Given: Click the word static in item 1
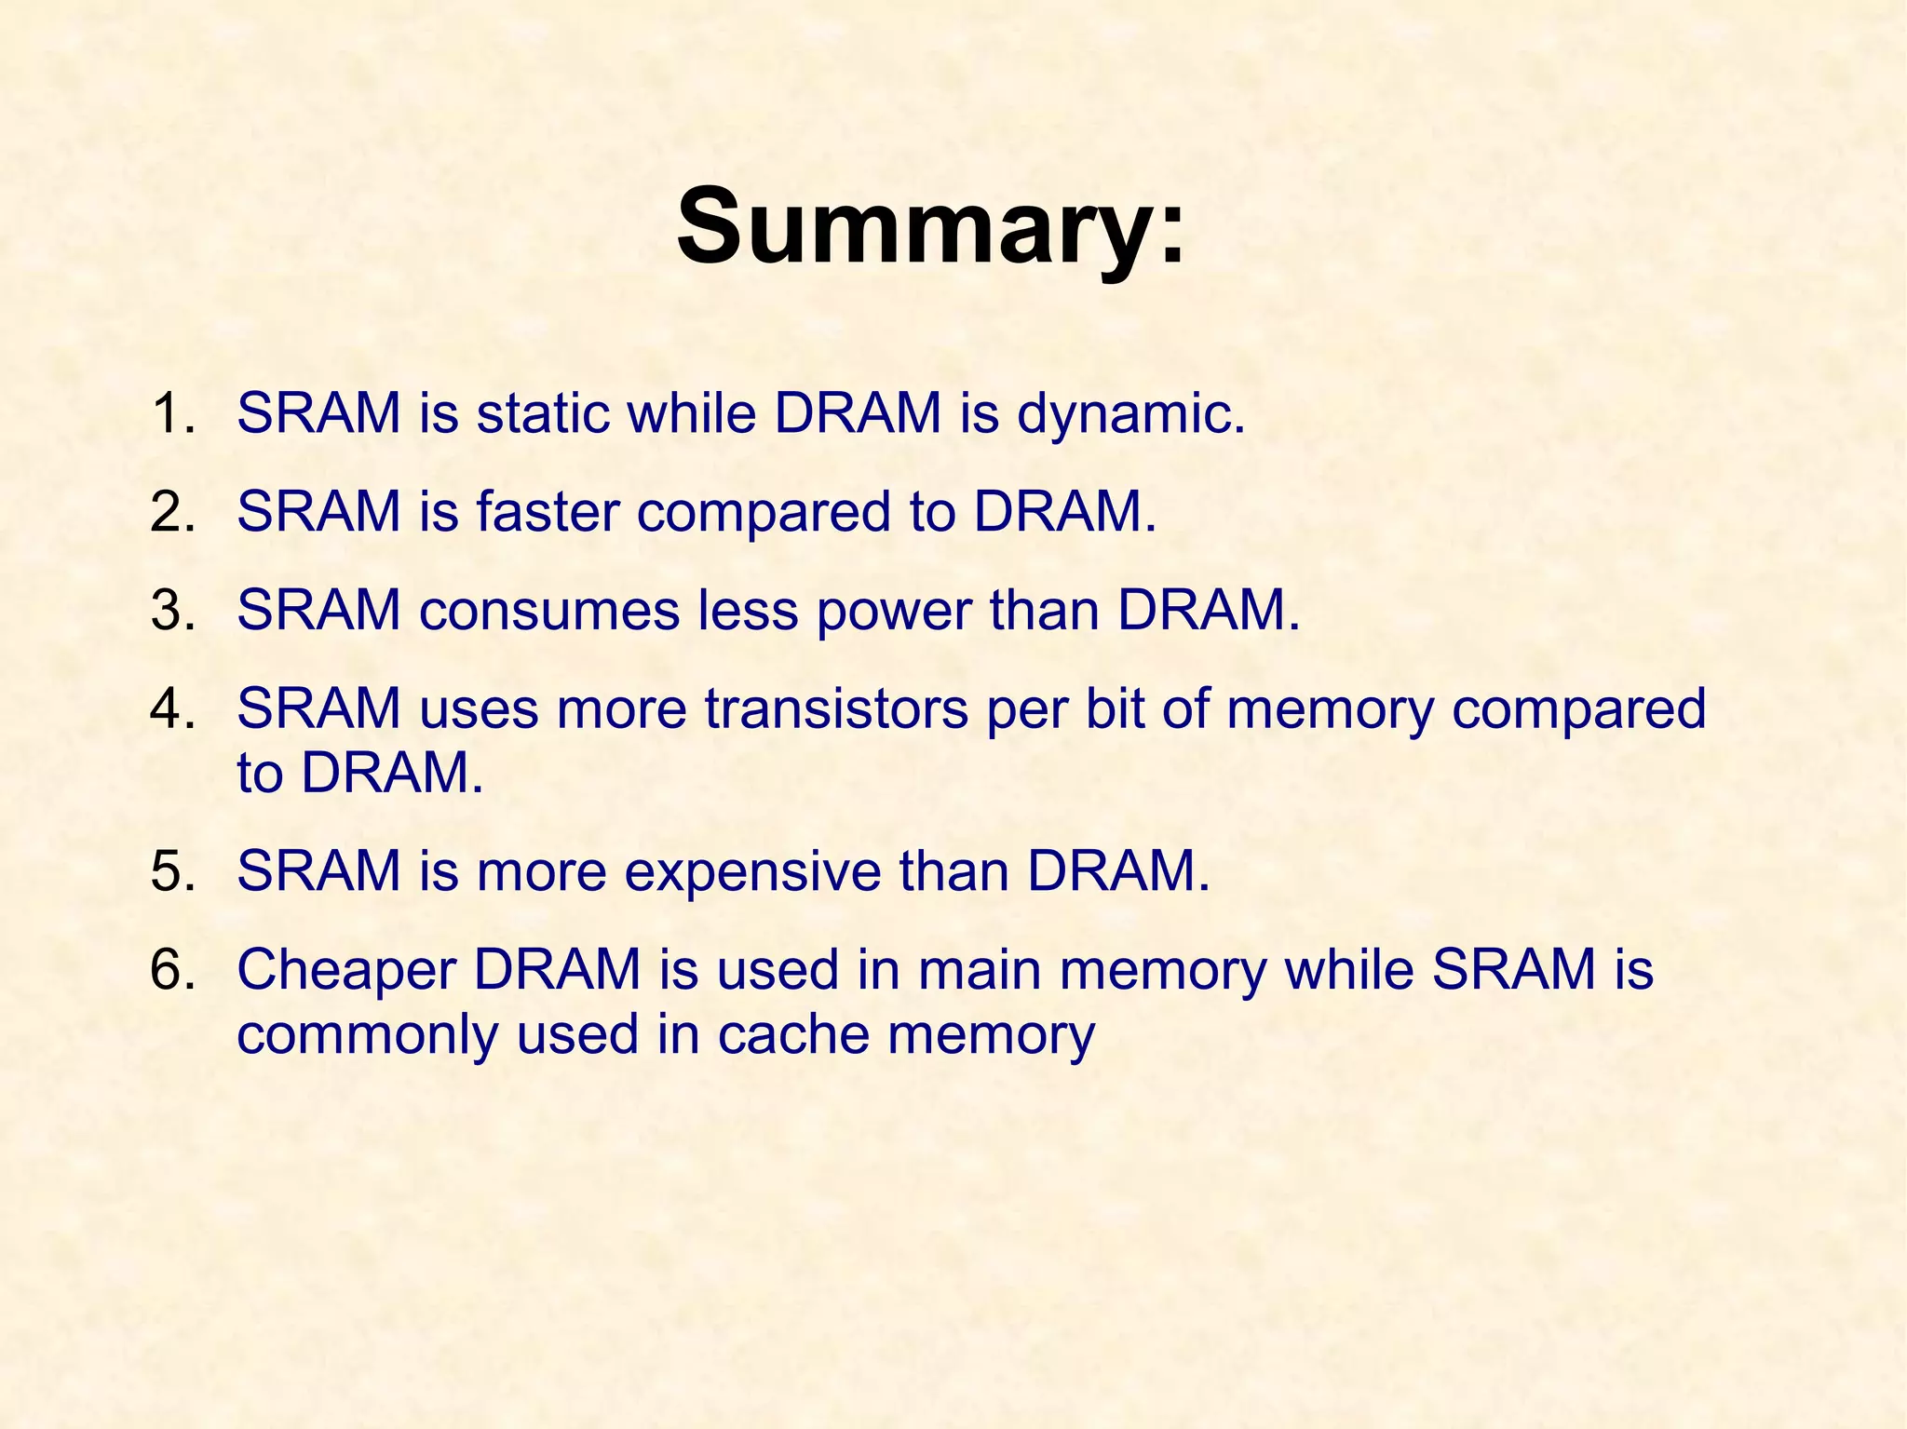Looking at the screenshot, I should (x=542, y=413).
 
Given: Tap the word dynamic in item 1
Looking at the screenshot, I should (x=1129, y=415).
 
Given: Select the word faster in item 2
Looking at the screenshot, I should (x=548, y=512).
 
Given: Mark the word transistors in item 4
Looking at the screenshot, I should (x=835, y=709).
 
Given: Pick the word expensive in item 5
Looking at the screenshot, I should (x=752, y=873).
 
